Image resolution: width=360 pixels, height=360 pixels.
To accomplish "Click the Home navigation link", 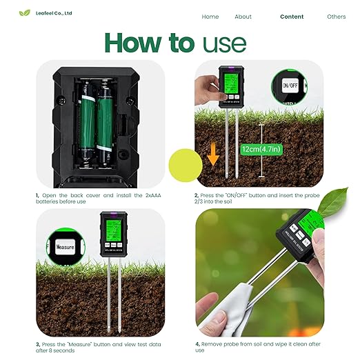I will coord(210,17).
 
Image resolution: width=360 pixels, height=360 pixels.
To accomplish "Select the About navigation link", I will coord(243,17).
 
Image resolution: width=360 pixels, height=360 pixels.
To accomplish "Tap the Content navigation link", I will coord(292,17).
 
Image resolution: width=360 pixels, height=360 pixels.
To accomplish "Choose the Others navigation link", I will coord(337,17).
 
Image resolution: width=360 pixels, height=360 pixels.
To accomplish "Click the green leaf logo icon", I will coord(26,13).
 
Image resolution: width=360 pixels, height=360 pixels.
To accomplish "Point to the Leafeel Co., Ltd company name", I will coord(54,13).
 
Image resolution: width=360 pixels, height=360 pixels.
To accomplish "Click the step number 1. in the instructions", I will coord(37,196).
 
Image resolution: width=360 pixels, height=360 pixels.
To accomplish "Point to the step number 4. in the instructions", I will coord(197,343).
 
